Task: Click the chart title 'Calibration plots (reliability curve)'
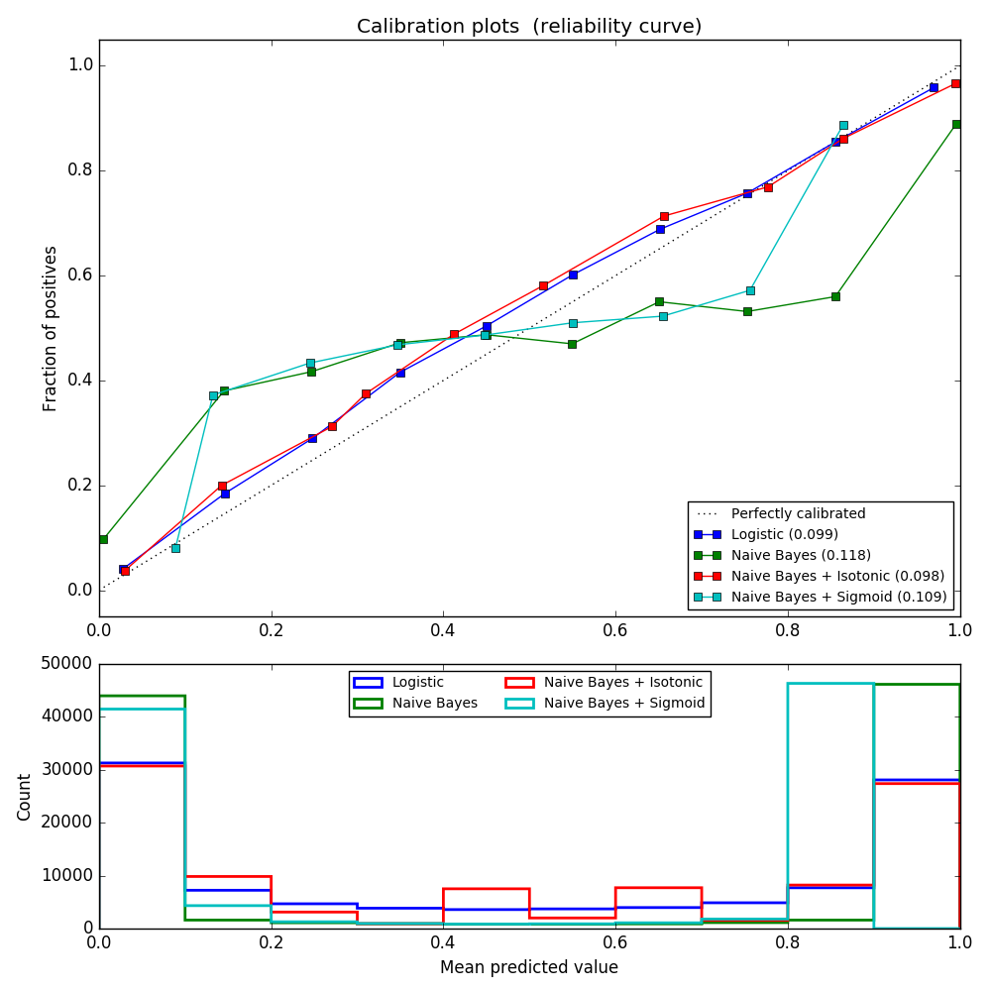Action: pyautogui.click(x=529, y=27)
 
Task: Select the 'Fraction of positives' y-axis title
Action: pyautogui.click(x=51, y=328)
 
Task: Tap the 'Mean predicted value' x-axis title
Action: pyautogui.click(x=529, y=967)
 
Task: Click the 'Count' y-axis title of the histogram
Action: pyautogui.click(x=25, y=797)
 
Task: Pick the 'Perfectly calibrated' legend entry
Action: pyautogui.click(x=798, y=514)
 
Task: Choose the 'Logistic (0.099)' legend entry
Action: pyautogui.click(x=784, y=535)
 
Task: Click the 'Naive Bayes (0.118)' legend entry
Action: pyautogui.click(x=801, y=556)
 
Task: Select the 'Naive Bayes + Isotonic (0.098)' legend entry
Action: pyautogui.click(x=837, y=577)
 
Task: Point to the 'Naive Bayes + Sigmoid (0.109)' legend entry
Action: pyautogui.click(x=838, y=598)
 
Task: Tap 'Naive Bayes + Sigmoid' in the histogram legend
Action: pyautogui.click(x=624, y=703)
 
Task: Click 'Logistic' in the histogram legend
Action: pyautogui.click(x=416, y=682)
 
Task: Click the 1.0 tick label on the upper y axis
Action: pyautogui.click(x=80, y=65)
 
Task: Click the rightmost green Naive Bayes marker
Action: pyautogui.click(x=956, y=124)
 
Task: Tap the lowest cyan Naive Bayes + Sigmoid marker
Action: pyautogui.click(x=175, y=548)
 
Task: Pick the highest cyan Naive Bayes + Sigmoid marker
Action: pyautogui.click(x=843, y=126)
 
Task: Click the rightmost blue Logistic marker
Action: pyautogui.click(x=934, y=87)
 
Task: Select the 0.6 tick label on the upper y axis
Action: pyautogui.click(x=80, y=275)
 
